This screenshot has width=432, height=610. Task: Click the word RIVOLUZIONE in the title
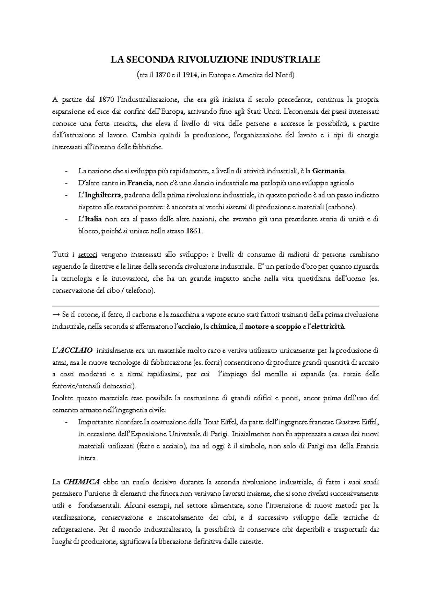pos(214,59)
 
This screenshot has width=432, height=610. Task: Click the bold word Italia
pos(93,219)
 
